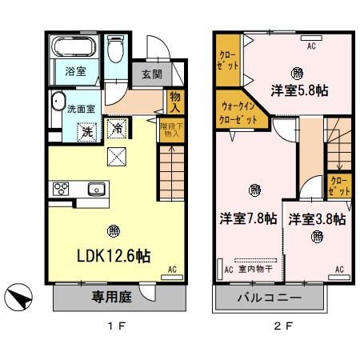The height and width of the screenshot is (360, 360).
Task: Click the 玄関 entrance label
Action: point(152,74)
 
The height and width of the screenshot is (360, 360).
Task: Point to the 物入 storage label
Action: point(176,102)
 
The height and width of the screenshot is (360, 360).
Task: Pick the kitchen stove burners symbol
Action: point(61,190)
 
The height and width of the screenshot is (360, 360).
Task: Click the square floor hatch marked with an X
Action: point(117,157)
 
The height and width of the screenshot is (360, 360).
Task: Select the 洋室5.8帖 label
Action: point(300,90)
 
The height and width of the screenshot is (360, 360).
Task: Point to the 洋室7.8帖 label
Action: point(250,218)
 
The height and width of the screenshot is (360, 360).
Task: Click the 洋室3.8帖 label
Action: point(317,218)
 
